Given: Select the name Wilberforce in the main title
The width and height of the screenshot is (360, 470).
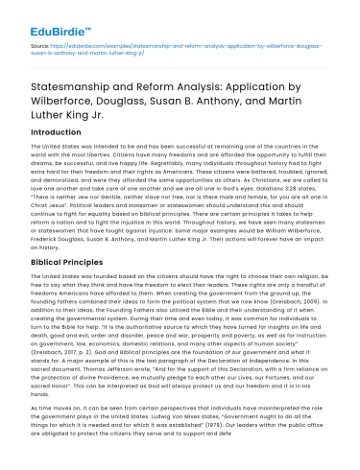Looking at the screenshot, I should pos(51,93).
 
